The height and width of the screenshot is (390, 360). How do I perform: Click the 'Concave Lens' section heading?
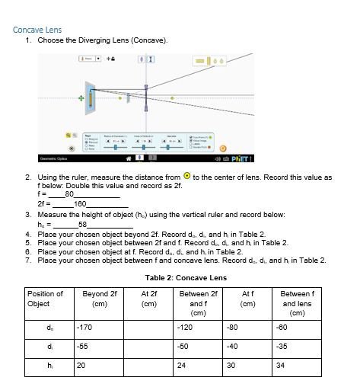pos(37,30)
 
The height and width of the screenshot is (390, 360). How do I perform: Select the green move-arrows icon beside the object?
pos(78,97)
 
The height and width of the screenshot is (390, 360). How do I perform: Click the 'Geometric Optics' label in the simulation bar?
pos(37,158)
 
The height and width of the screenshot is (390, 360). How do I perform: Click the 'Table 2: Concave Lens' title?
pos(180,277)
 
